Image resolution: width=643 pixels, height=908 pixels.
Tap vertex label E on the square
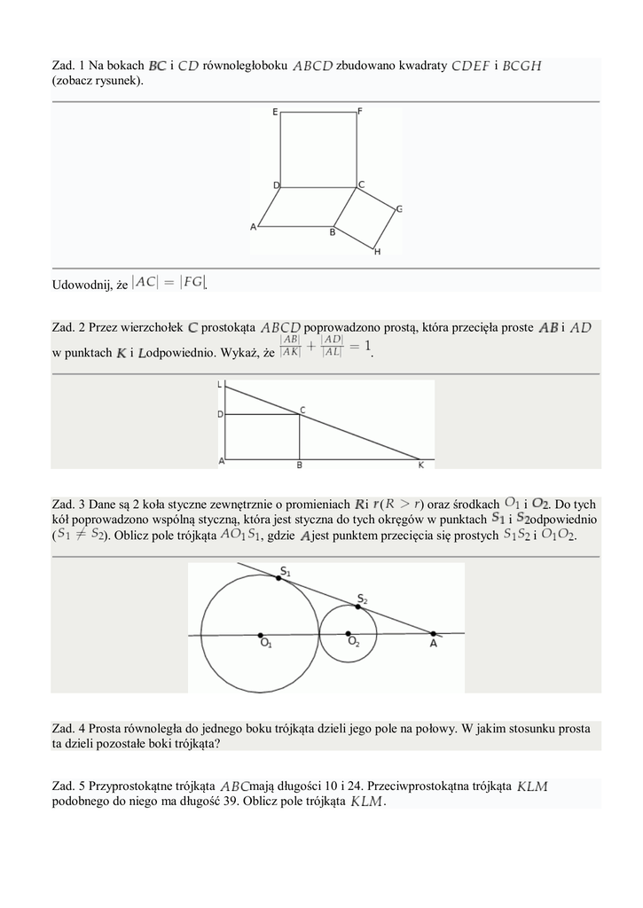(275, 112)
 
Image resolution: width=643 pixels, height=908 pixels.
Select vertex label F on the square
(359, 111)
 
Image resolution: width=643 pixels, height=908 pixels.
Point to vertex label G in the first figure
(399, 209)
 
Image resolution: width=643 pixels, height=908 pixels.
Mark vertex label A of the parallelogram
(253, 227)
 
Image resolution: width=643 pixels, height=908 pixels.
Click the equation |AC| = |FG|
(169, 283)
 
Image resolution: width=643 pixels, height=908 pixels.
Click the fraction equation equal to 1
(325, 347)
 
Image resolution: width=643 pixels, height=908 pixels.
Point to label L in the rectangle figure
(221, 385)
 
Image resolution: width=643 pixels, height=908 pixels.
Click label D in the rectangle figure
(221, 414)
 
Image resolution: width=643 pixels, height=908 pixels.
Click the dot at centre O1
(260, 635)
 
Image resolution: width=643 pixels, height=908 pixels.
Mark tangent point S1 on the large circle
(278, 577)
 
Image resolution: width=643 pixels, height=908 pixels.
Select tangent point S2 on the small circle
(359, 606)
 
